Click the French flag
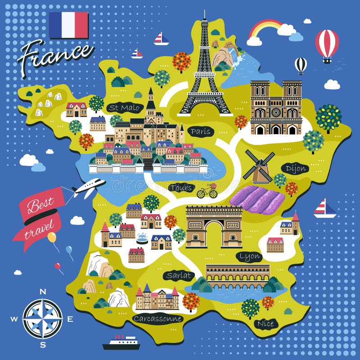pos(68,25)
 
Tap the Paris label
pos(200,131)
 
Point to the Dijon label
pos(296,169)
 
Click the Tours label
pos(182,187)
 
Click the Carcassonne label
pos(157,319)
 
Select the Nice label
pos(265,323)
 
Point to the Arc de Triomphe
pos(214,226)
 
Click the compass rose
pos(43,319)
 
